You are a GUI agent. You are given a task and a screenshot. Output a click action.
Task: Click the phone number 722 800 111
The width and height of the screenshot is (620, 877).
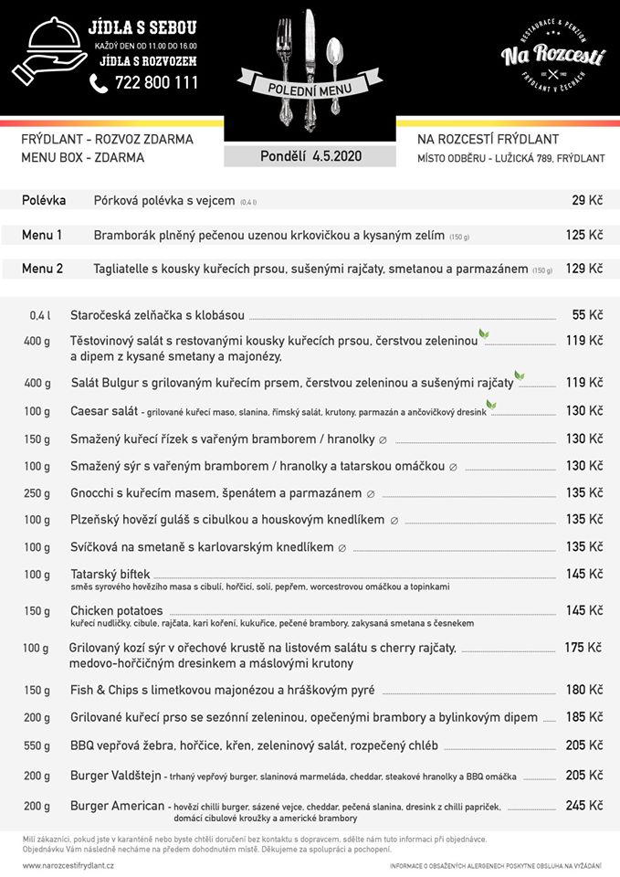click(156, 83)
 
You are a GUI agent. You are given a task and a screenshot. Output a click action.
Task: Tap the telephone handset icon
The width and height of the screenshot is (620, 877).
click(100, 83)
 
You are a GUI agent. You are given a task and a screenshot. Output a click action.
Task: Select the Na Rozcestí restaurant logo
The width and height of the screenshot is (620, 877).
click(552, 58)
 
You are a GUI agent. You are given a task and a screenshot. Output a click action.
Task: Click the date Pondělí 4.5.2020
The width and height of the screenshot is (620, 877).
click(310, 156)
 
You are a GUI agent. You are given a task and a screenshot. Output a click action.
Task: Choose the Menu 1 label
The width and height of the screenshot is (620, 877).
click(42, 235)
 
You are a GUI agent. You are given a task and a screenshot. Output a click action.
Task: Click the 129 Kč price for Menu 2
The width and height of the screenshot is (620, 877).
click(584, 269)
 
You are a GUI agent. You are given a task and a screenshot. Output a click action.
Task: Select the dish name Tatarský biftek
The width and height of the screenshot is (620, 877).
click(110, 574)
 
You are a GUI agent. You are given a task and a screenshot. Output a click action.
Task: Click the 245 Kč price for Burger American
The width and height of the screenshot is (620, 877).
click(584, 806)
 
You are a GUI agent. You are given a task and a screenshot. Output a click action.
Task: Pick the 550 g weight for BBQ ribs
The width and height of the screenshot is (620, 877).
click(37, 745)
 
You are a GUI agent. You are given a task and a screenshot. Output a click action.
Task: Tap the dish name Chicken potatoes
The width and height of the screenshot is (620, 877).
click(116, 610)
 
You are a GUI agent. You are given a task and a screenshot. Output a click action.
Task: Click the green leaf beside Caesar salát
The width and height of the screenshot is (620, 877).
click(491, 405)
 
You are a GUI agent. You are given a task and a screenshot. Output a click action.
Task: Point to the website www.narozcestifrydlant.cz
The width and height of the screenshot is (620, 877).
click(68, 865)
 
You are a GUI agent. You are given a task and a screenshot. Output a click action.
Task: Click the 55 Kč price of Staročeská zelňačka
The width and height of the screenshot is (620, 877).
click(587, 315)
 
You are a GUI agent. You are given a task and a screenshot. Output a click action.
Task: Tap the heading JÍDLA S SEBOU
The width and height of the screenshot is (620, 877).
click(142, 28)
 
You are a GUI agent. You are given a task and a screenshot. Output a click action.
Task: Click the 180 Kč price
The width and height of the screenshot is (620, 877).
click(584, 690)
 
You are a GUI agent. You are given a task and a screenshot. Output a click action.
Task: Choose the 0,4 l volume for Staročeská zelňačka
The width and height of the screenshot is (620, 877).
click(39, 316)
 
